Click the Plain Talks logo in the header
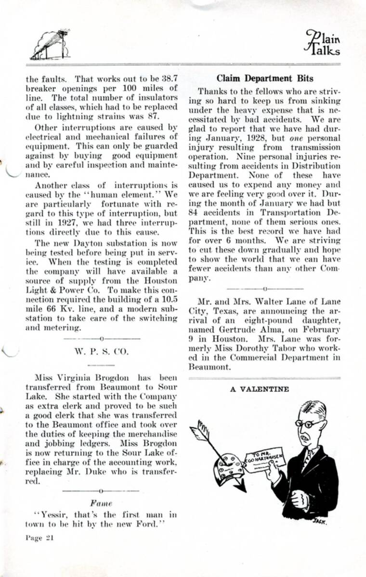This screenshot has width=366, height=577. pyautogui.click(x=322, y=44)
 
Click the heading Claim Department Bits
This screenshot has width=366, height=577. pyautogui.click(x=264, y=78)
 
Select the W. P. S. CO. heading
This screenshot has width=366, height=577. pyautogui.click(x=102, y=351)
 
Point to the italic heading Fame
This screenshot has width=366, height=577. pyautogui.click(x=101, y=503)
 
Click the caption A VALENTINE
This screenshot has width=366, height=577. pyautogui.click(x=259, y=389)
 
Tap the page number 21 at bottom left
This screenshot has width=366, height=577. pyautogui.click(x=39, y=538)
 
